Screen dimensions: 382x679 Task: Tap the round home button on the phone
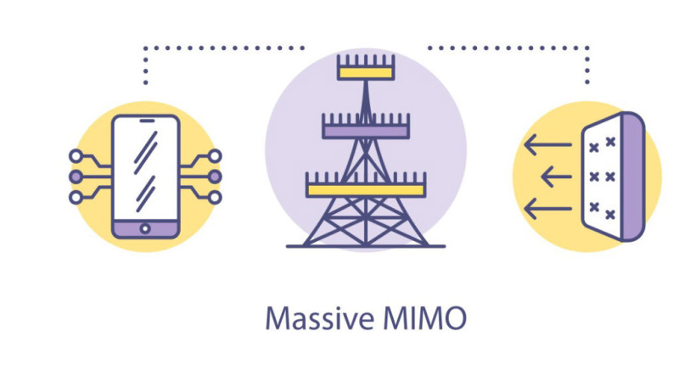coord(146,228)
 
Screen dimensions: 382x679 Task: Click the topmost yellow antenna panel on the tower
coord(366,71)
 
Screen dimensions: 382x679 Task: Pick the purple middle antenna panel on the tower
coord(366,130)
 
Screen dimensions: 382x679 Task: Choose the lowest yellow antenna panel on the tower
coord(366,188)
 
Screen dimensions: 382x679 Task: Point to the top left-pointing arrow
coord(547,146)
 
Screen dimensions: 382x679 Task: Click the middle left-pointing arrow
coord(556,177)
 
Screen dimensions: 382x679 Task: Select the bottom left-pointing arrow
coord(547,207)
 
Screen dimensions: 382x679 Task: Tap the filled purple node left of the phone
coord(76,177)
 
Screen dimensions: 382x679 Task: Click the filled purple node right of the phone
coord(215,177)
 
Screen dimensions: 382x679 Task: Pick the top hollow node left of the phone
coord(76,156)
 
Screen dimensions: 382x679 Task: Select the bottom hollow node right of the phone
coord(215,197)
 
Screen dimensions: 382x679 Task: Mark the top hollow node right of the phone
coord(215,156)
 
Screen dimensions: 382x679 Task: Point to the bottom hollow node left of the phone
coord(76,197)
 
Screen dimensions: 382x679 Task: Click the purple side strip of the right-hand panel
coord(632,177)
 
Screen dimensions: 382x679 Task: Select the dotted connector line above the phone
coord(221,48)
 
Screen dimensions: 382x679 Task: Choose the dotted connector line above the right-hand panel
coord(509,48)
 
